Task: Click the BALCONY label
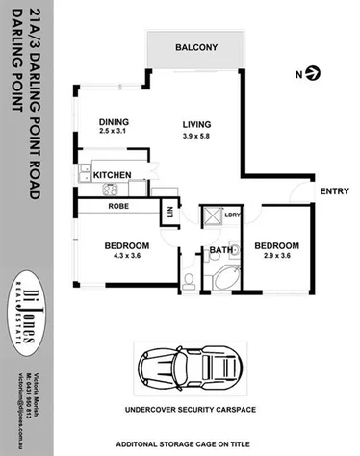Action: (x=195, y=48)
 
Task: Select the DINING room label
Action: (x=114, y=121)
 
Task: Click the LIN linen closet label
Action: (x=170, y=213)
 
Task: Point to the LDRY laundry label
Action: (x=232, y=215)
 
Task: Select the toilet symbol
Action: (x=190, y=280)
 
